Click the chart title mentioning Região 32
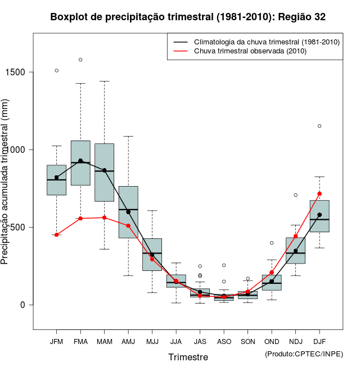tap(188, 17)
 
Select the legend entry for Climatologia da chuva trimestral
tap(266, 42)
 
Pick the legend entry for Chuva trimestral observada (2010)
tap(250, 51)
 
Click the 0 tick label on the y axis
tap(22, 305)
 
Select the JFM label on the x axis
tap(56, 341)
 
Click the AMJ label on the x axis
tap(128, 341)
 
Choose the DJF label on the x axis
tap(319, 341)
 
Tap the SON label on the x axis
tap(247, 341)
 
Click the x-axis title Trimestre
tap(188, 357)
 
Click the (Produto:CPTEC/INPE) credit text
tap(304, 354)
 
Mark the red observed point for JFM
tap(56, 234)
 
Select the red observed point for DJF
tap(319, 193)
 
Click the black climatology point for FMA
tap(80, 161)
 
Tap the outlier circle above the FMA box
tap(80, 60)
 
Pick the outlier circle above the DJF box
tap(319, 126)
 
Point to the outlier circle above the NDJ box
tap(295, 195)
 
